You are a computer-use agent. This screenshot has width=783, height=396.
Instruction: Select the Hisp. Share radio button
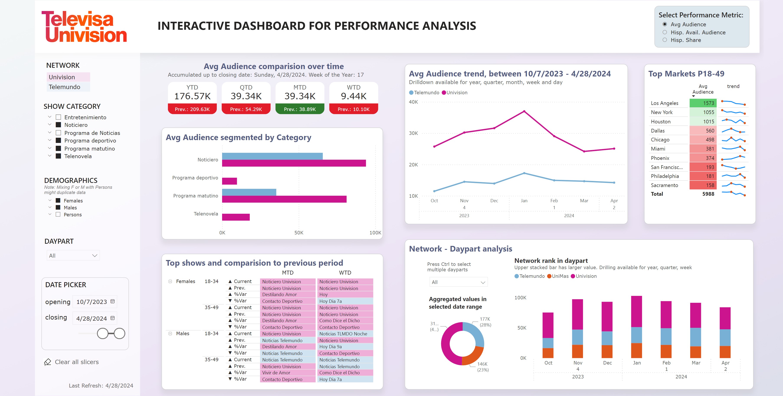665,40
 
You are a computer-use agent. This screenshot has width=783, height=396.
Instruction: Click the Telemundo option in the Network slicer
64,87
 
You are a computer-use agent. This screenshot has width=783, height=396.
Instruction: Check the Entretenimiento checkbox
58,117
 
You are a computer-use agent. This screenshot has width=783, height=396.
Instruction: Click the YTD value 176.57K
192,96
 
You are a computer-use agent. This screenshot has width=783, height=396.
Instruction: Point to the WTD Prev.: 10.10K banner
354,109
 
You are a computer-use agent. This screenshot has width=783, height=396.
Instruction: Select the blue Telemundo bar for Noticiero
272,156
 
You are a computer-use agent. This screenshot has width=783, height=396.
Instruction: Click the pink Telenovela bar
236,217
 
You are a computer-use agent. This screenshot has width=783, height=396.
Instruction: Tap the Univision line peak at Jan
524,111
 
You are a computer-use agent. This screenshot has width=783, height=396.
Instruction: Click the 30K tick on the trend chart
413,133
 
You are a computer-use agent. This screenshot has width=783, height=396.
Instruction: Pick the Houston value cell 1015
703,121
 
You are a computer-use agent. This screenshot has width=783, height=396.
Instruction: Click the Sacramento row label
664,185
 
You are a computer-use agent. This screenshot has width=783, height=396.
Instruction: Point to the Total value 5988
708,194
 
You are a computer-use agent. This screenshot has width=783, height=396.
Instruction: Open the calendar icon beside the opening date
113,301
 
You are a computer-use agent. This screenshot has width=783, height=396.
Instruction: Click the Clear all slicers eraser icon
48,362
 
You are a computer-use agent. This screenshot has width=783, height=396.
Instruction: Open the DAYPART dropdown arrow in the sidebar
95,256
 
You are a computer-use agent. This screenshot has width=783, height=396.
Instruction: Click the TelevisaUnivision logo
84,27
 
